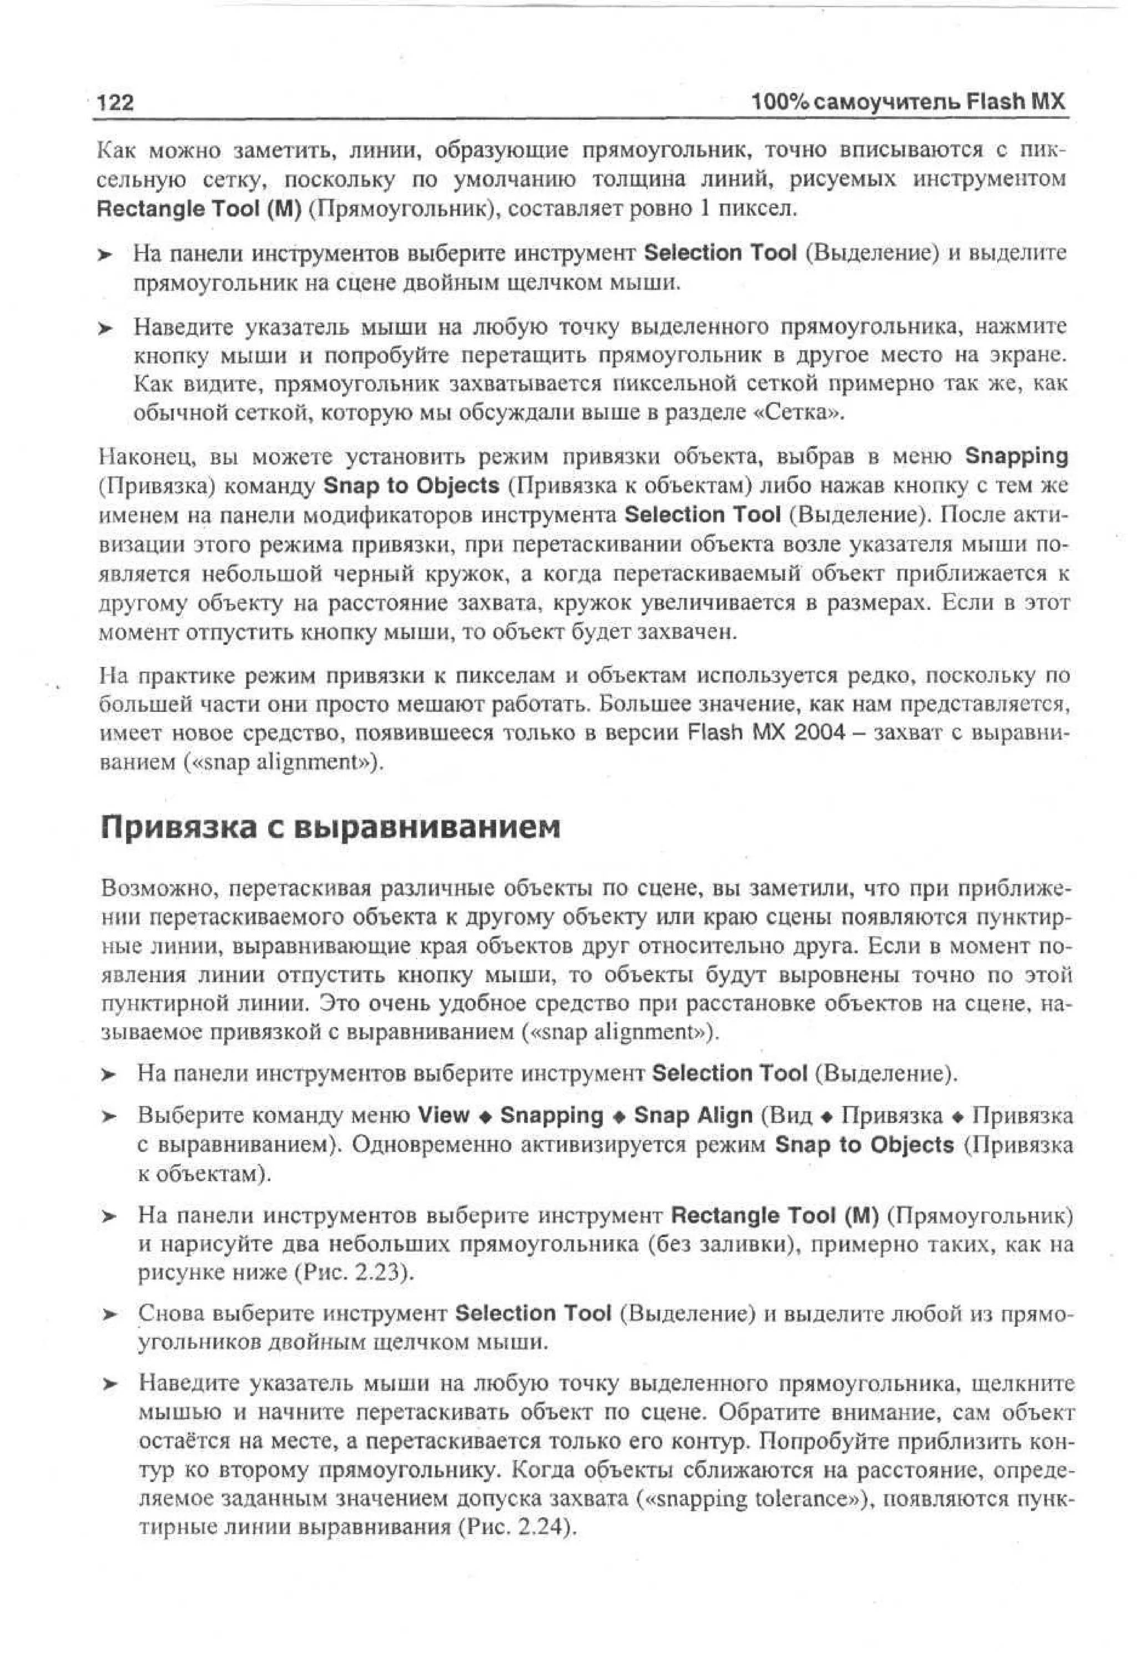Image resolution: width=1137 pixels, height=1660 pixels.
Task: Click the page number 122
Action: coord(115,103)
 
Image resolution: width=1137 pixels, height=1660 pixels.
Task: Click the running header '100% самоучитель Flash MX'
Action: coord(908,102)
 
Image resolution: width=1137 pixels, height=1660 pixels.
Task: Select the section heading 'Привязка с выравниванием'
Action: coord(330,828)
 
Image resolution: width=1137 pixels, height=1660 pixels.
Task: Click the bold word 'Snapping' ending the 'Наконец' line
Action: coord(1015,456)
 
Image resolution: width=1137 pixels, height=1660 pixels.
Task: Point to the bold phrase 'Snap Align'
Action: coord(693,1116)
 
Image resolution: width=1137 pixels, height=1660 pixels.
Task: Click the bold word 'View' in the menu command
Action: coord(444,1116)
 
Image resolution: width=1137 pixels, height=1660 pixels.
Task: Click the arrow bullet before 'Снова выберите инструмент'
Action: coord(107,1314)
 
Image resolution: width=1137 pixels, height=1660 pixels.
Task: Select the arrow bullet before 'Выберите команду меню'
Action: coord(107,1116)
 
